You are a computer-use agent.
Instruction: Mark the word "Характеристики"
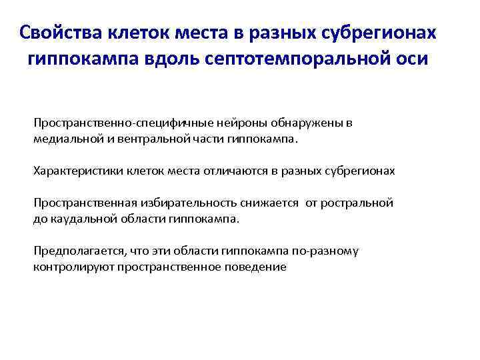[75, 171]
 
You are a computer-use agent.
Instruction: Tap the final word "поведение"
[238, 267]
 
